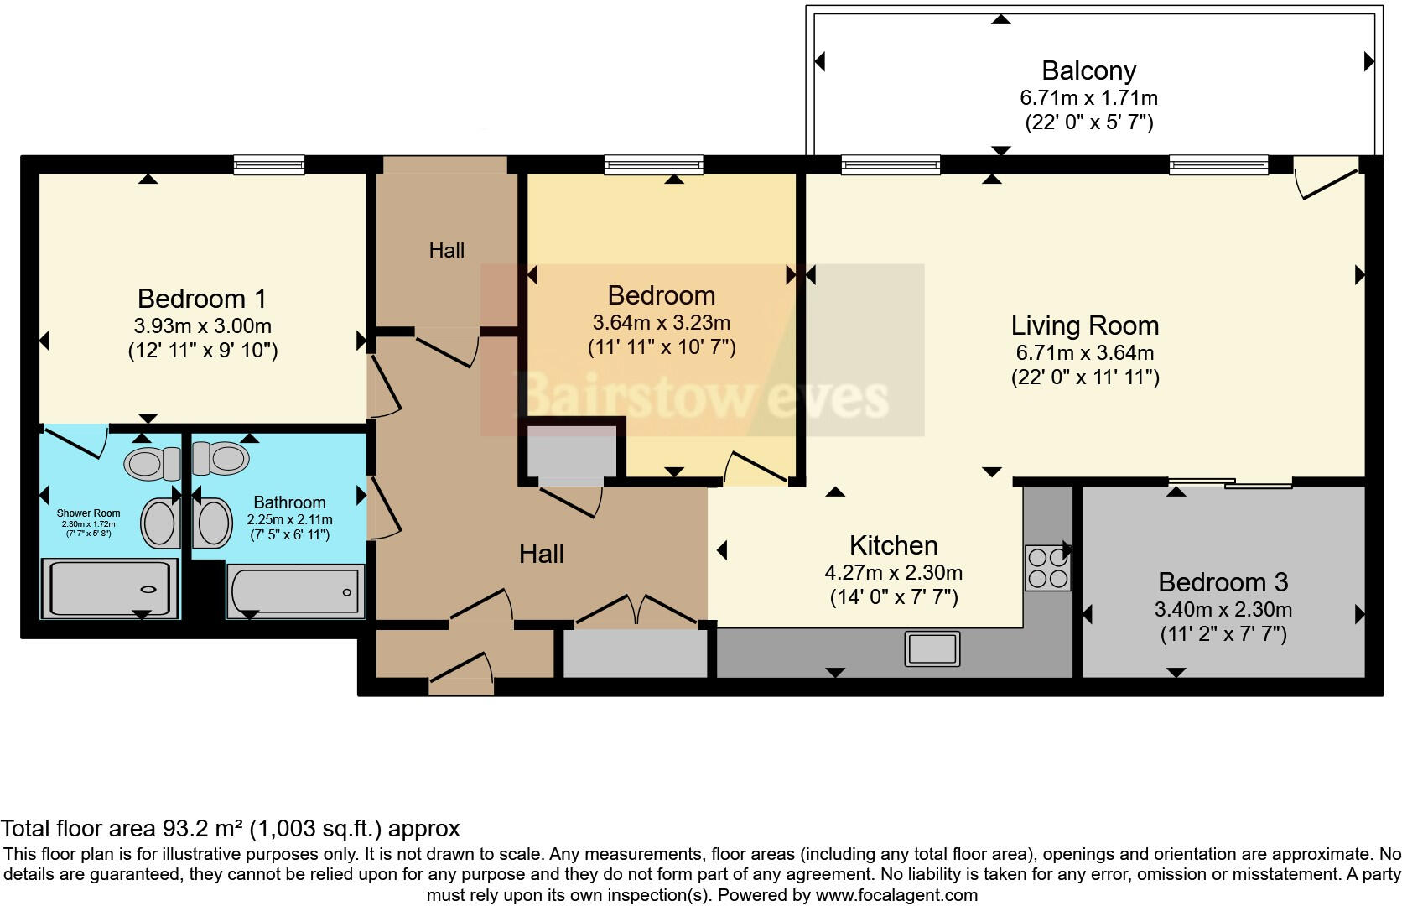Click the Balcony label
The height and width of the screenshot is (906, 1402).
[1088, 70]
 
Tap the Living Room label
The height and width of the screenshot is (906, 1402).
[1084, 325]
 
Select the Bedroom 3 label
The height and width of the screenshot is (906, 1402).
[1223, 581]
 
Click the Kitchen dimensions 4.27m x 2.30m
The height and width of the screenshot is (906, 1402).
[893, 573]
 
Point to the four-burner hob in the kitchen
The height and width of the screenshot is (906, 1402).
[1047, 568]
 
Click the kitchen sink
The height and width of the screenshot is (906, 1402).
[932, 648]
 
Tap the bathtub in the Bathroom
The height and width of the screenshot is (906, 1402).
[295, 591]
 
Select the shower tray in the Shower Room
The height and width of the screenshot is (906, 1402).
[111, 589]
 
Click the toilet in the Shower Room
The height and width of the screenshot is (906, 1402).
[151, 463]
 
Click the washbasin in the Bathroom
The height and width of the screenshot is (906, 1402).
[214, 523]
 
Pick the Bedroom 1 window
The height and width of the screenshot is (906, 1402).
[269, 164]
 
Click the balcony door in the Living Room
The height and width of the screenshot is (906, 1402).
[1327, 179]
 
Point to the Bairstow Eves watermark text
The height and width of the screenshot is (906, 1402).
[703, 396]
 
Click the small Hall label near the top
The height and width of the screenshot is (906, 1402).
[446, 250]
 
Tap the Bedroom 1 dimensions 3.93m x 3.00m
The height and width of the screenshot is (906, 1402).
[202, 325]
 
